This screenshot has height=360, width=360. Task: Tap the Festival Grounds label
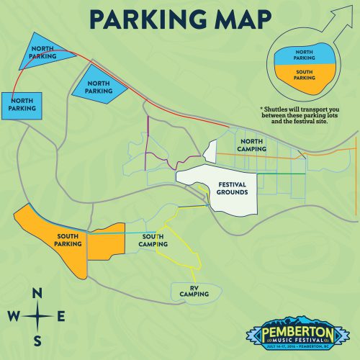232,189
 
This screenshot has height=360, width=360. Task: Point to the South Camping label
155,240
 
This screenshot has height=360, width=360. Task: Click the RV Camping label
194,291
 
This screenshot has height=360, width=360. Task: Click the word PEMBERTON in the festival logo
299,332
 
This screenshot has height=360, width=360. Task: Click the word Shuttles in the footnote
280,109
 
